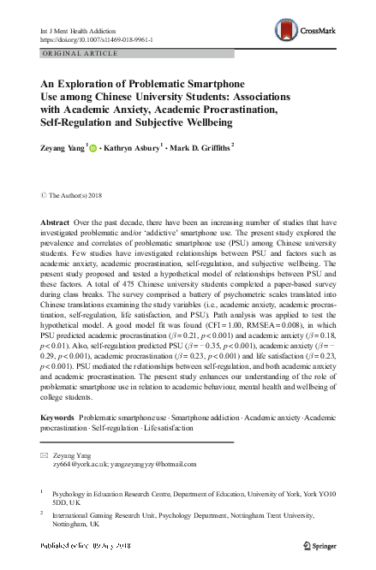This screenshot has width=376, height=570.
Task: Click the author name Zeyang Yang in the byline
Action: coord(61,147)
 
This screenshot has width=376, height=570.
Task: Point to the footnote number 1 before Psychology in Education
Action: coord(42,492)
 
